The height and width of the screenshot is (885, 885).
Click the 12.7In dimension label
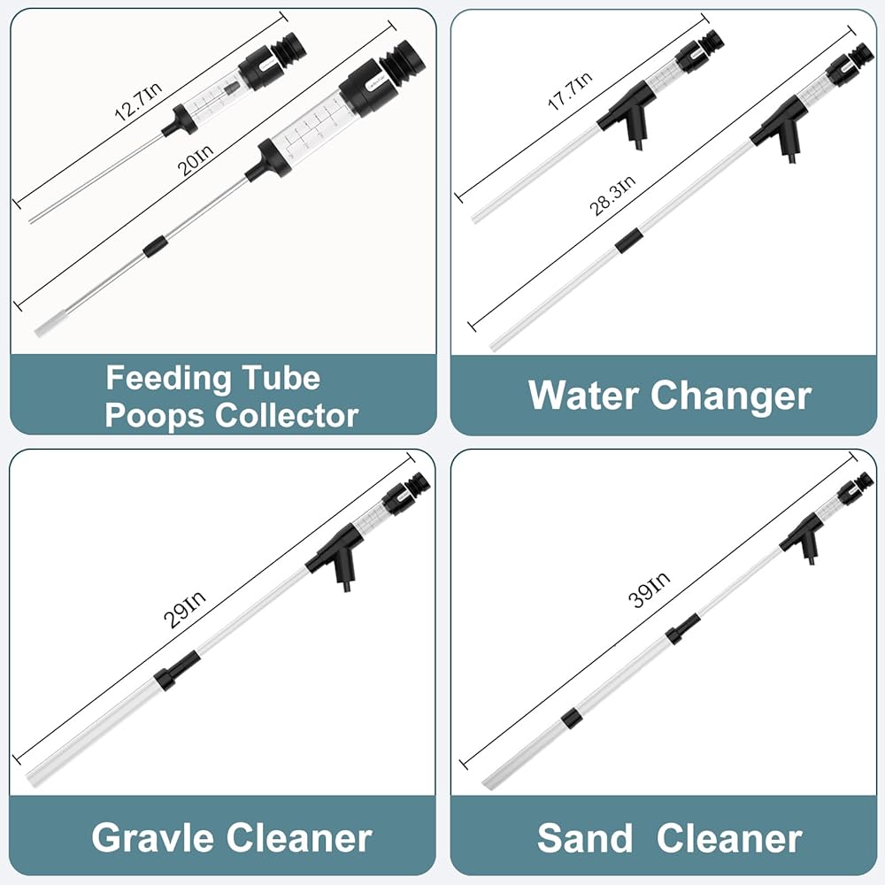(x=138, y=102)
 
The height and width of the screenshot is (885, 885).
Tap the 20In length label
(x=196, y=160)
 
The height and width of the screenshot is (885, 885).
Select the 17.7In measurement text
(x=570, y=90)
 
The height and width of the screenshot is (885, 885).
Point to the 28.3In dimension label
(x=612, y=196)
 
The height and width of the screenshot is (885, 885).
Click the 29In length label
(x=185, y=610)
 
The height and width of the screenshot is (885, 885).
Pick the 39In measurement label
(x=649, y=589)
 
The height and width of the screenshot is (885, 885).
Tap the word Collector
(x=287, y=416)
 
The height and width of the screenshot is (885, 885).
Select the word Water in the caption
(x=584, y=395)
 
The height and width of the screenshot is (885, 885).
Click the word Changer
(x=732, y=397)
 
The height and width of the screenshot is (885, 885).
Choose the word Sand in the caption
(x=585, y=838)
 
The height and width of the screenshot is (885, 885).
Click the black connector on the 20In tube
(x=156, y=247)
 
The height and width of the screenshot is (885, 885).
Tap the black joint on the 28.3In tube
(x=627, y=241)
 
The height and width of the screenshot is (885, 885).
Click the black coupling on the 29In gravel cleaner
(x=178, y=670)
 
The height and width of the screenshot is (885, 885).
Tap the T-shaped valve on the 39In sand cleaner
(x=802, y=538)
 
